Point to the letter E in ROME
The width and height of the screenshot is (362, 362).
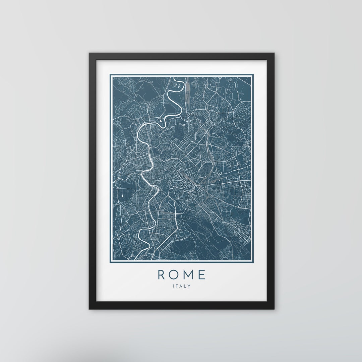(201, 275)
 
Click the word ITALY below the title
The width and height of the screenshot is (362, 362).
(181, 286)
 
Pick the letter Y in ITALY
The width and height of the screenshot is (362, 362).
(189, 286)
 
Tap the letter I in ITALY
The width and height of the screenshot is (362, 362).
(173, 286)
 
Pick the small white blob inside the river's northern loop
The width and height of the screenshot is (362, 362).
(161, 121)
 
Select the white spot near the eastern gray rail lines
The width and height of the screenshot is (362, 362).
(220, 181)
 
